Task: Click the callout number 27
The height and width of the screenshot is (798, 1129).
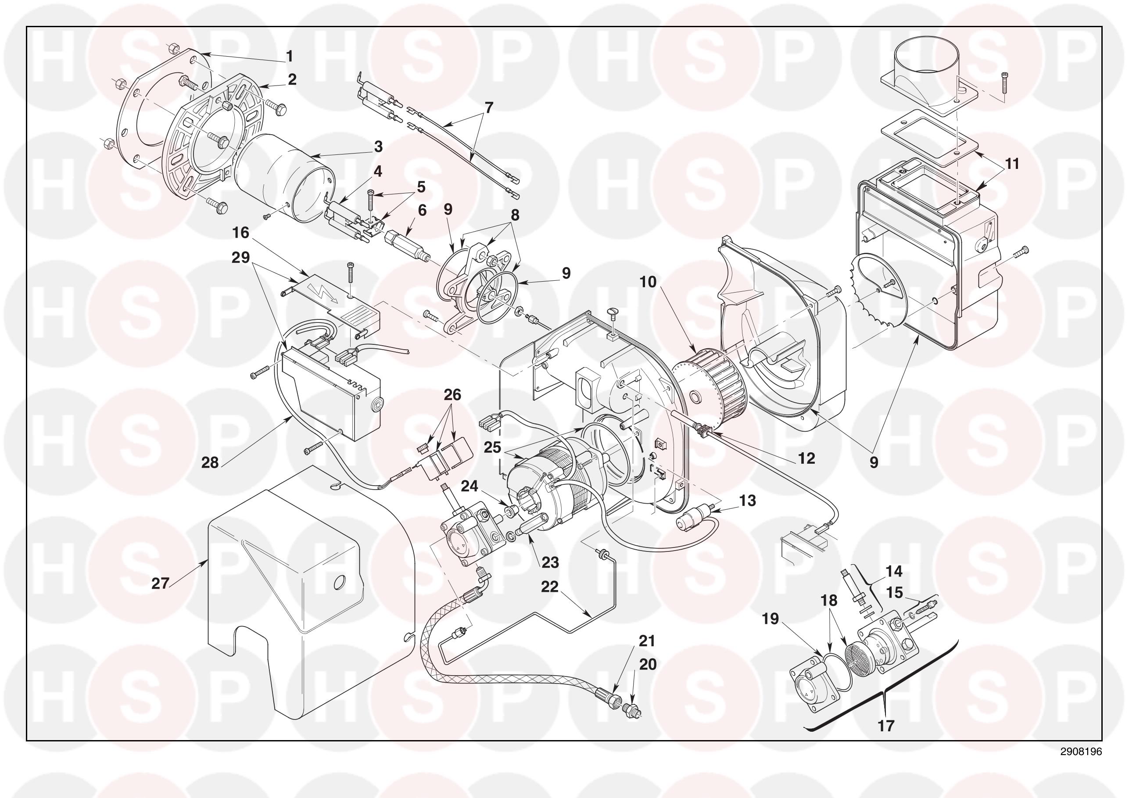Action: pos(160,583)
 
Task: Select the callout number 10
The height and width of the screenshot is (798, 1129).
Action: pos(649,282)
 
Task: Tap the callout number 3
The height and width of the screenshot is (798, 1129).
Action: pos(378,146)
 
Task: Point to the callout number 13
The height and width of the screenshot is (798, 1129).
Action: pos(747,501)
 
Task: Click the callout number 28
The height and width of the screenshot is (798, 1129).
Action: pos(210,463)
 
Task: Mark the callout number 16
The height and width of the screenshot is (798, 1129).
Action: pos(241,232)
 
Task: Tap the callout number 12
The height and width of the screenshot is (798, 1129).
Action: pos(806,458)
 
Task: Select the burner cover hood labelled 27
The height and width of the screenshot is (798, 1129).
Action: pos(310,590)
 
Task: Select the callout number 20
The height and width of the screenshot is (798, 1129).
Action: pos(648,664)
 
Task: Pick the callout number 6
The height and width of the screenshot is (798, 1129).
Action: pos(423,210)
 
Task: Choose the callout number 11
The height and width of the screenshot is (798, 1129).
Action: pos(1011,163)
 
